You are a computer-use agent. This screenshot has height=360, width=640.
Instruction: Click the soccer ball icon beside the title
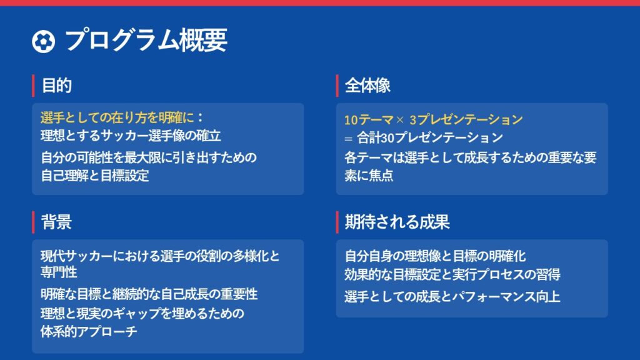43,41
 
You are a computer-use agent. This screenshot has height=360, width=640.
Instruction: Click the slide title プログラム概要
146,40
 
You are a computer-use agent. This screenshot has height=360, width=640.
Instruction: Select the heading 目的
57,86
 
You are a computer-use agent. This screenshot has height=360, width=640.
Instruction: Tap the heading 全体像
367,86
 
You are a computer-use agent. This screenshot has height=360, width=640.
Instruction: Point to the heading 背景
57,222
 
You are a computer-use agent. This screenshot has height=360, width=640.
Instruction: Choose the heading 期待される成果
397,222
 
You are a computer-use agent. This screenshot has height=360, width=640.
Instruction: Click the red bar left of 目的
33,86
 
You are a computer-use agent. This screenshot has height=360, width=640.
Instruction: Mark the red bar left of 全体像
337,86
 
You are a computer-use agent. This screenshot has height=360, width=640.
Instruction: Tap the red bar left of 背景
33,222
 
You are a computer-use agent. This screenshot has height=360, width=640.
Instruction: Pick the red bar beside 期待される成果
337,222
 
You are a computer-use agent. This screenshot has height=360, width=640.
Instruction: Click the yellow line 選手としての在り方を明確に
117,117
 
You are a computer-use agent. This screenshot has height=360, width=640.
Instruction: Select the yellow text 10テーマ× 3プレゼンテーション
434,119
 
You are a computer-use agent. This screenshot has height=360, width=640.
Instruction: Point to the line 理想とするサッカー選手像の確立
131,136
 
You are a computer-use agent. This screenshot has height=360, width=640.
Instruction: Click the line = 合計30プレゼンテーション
424,137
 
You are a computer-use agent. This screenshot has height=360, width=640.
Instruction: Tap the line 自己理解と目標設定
95,176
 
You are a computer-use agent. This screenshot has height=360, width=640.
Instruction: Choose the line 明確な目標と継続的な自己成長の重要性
149,294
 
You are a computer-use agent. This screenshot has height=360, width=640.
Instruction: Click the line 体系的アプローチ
89,331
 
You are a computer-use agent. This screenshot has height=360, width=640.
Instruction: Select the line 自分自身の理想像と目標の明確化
435,256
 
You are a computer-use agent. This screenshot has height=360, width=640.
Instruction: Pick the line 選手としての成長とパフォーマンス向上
452,296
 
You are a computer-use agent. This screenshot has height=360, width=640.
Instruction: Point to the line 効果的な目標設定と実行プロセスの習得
452,274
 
